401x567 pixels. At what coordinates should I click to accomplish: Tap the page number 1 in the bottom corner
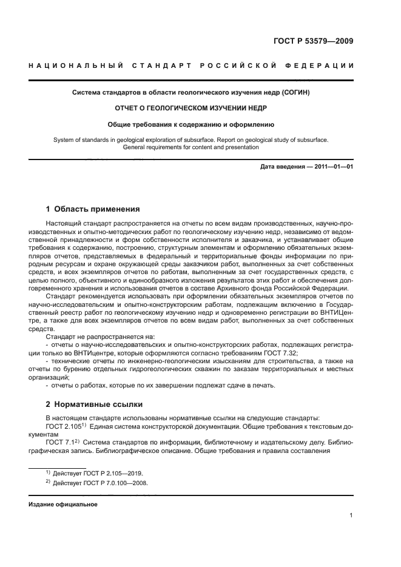tap(351, 515)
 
